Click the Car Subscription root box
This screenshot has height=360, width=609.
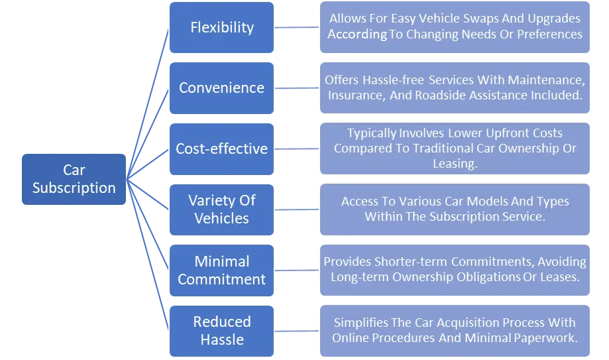74,179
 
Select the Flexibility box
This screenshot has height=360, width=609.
221,27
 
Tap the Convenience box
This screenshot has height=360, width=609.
221,88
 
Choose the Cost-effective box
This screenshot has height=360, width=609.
221,149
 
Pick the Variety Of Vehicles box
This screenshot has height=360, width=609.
221,209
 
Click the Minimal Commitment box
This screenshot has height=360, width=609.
221,270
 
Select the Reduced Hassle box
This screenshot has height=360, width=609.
221,331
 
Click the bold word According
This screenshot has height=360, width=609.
357,34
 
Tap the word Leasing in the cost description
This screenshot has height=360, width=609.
454,164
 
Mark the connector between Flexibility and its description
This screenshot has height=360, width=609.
297,29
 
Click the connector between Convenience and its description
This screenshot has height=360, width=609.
297,88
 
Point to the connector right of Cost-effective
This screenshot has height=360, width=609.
297,149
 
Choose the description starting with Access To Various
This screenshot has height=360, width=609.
455,209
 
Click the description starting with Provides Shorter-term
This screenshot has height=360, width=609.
455,270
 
